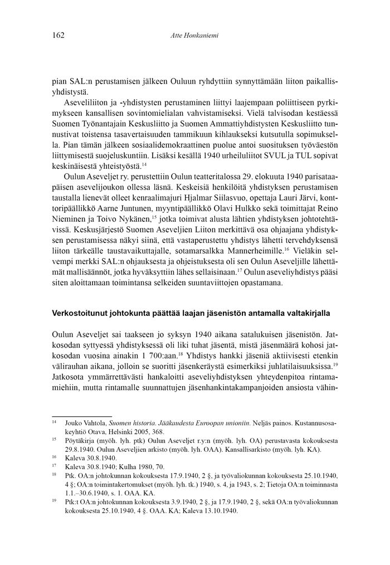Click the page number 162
(x=58, y=35)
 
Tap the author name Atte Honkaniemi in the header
(x=194, y=36)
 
